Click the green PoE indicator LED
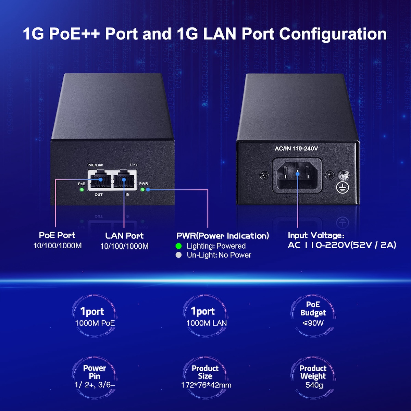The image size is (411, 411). pos(82,189)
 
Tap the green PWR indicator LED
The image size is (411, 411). pos(142,189)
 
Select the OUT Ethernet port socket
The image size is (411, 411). pos(100,179)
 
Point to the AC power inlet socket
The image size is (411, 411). pos(297,175)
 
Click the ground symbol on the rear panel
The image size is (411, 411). pos(342,187)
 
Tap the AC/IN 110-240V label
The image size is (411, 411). pos(296,148)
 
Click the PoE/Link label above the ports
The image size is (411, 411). pos(95,165)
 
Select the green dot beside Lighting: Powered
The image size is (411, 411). pos(178,246)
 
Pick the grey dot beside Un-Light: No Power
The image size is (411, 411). pos(178,255)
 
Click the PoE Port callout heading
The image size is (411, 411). pos(57,235)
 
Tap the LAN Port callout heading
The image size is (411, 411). pos(124,236)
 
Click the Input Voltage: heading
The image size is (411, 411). pos(316,235)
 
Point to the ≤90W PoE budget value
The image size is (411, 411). pos(313,323)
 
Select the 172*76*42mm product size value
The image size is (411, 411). pos(206,385)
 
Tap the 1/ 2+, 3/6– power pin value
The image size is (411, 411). pos(95,385)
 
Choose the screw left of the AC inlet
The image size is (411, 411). pos(264,176)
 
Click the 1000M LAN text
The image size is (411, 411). pos(207,323)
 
